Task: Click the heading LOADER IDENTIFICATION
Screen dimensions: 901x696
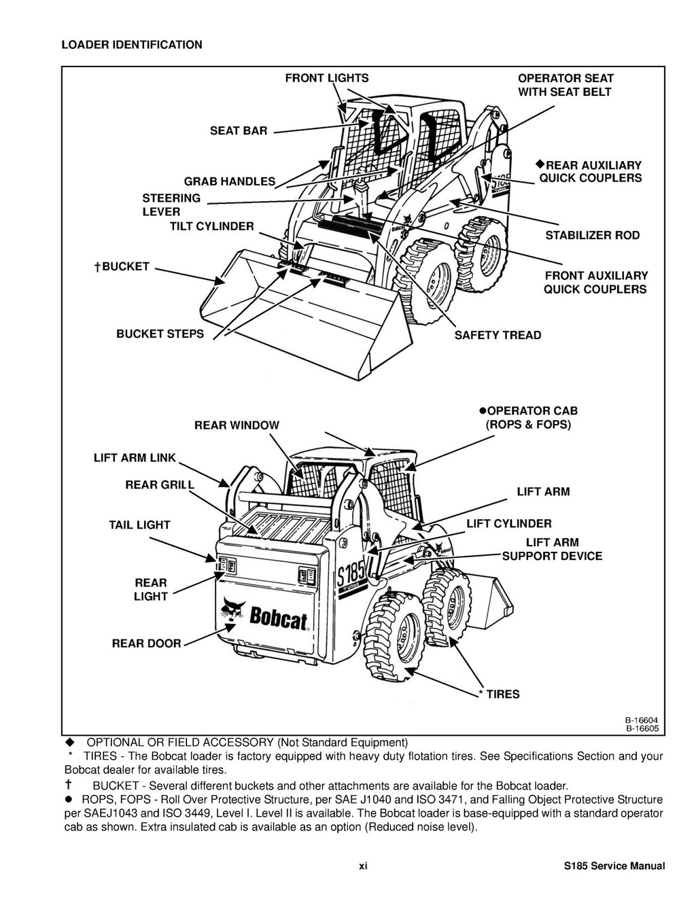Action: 131,45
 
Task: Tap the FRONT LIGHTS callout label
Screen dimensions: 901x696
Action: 326,78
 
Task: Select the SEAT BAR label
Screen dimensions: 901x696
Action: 239,130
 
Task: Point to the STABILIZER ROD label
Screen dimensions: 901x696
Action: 592,235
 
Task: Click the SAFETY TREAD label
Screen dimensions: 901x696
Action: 498,335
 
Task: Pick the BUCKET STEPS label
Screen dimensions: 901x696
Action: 160,334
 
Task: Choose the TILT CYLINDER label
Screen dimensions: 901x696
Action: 211,226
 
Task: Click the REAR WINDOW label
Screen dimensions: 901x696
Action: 237,425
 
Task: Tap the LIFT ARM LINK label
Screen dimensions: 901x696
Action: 135,458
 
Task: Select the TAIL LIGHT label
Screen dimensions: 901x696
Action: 139,525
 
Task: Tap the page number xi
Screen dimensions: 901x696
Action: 363,866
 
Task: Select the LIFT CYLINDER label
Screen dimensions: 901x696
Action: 509,523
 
